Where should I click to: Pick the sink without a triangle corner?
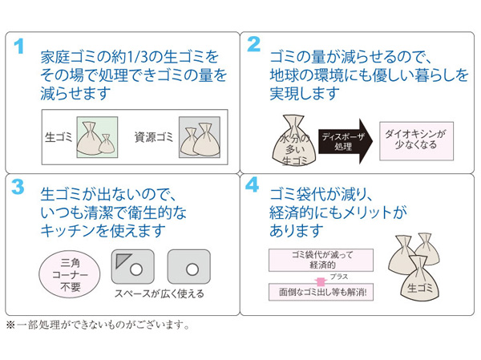coord(188,267)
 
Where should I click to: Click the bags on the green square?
coord(96,138)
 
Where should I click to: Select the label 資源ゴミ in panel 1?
coord(154,137)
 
